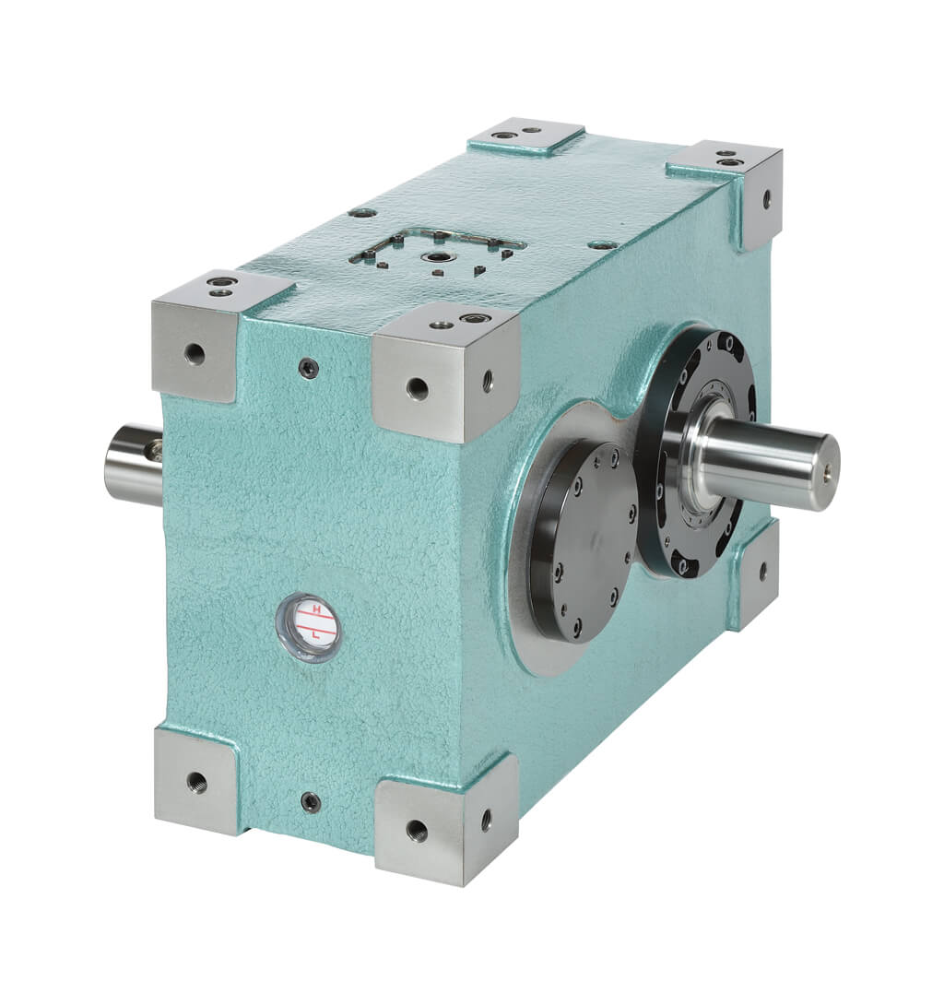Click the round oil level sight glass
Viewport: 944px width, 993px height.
308,627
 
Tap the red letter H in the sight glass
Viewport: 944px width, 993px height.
317,609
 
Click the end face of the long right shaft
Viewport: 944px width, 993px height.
826,471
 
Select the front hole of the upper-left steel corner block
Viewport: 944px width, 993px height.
195,352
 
